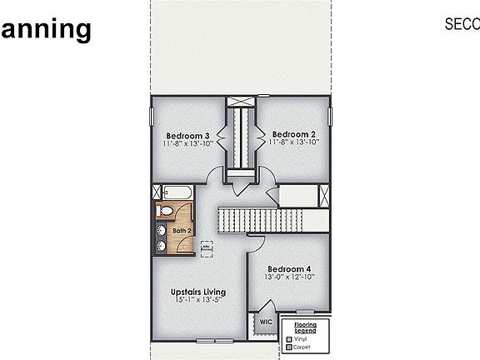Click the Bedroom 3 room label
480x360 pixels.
187,135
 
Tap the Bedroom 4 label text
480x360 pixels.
288,269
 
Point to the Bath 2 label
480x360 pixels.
182,231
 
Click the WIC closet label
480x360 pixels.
266,322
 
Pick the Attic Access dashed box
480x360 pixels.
206,247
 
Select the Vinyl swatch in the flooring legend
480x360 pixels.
289,339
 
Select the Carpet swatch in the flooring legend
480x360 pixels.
289,347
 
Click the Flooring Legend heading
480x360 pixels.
305,327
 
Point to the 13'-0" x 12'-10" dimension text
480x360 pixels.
288,277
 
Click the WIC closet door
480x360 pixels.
255,321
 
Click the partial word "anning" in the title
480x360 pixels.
45,29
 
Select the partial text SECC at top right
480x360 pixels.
462,25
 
